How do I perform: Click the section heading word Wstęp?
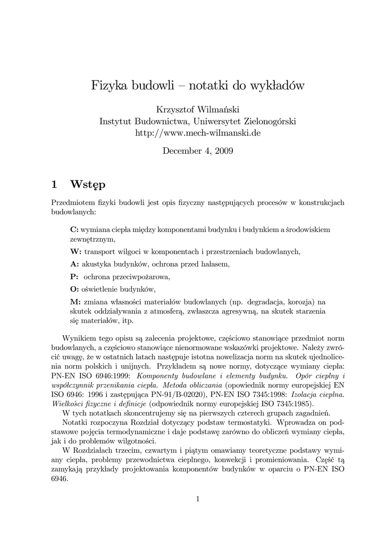click(x=88, y=185)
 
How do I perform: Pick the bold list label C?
click(x=74, y=229)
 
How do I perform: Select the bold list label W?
click(x=76, y=251)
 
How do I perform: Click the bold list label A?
click(x=74, y=264)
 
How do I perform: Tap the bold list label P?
click(x=74, y=277)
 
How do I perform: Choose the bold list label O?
click(x=74, y=290)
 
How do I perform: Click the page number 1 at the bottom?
click(x=197, y=499)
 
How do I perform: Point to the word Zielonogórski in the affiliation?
click(x=269, y=121)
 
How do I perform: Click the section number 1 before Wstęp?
click(x=54, y=185)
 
